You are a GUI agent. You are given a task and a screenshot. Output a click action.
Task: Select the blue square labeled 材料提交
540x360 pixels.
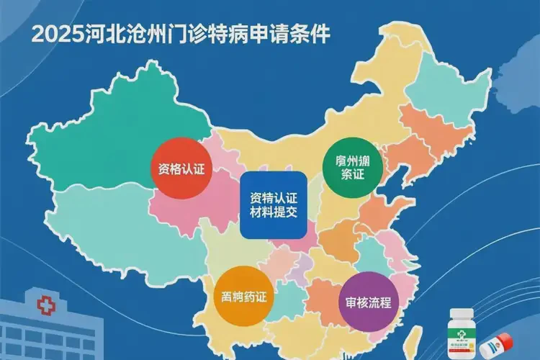click(273, 204)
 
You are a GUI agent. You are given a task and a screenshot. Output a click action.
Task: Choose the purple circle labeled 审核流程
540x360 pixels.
click(369, 302)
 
